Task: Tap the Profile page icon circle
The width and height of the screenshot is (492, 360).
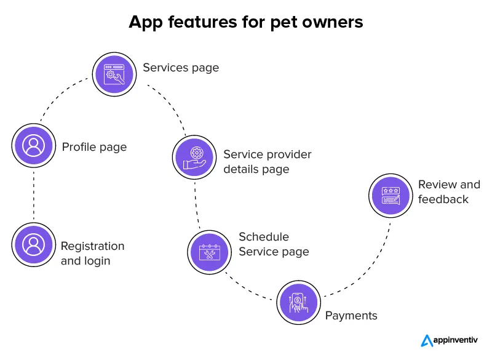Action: click(x=34, y=146)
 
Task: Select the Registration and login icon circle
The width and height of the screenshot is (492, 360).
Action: click(x=34, y=245)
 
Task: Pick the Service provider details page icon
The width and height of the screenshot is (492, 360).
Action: click(x=196, y=158)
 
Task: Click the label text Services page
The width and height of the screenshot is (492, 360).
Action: click(x=181, y=68)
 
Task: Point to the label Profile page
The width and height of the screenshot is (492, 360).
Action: click(x=94, y=147)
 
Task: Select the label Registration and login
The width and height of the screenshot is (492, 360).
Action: click(x=92, y=253)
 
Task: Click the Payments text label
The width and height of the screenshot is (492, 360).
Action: click(x=351, y=316)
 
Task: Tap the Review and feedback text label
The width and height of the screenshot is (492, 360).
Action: click(x=449, y=192)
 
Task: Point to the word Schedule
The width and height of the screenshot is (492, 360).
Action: click(x=264, y=237)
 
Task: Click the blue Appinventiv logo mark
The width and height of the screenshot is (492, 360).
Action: click(x=427, y=340)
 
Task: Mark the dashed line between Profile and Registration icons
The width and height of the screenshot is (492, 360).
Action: click(x=34, y=196)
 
